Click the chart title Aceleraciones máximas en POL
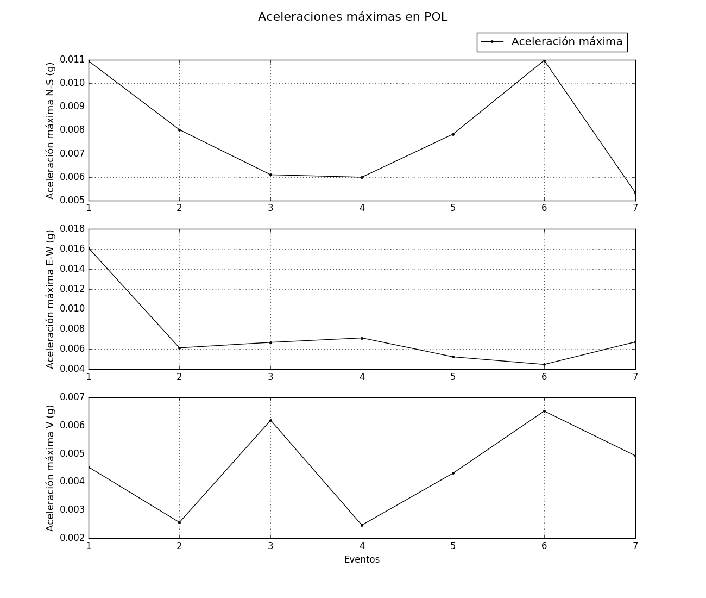tap(352, 17)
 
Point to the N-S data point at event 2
tap(179, 130)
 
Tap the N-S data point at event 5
tap(453, 134)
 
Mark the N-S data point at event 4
tap(362, 177)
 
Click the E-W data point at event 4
tap(362, 338)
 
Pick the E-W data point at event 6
tap(544, 364)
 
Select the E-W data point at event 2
tap(179, 348)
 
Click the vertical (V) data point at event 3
tap(270, 420)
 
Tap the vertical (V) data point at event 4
tap(362, 525)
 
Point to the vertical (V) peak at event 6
tap(544, 411)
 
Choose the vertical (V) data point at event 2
tap(179, 522)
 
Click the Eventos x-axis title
tap(362, 559)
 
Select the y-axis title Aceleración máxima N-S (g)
tap(51, 130)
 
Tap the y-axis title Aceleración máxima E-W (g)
tap(51, 299)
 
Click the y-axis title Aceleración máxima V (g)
tap(51, 468)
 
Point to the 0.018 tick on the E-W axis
tap(73, 229)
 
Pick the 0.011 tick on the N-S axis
tap(73, 60)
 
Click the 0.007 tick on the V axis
tap(73, 397)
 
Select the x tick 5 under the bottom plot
tap(453, 546)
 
